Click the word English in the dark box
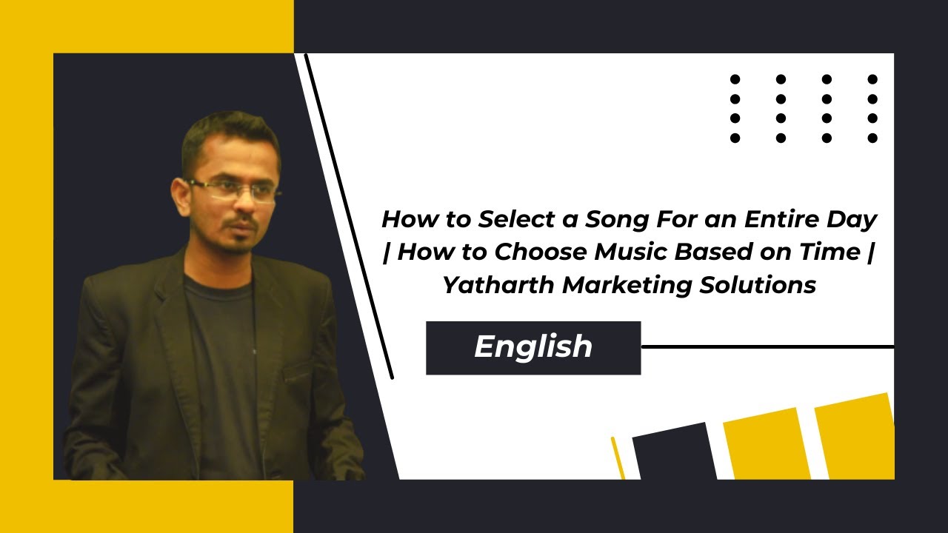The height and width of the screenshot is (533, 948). pyautogui.click(x=533, y=347)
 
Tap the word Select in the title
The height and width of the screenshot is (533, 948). pyautogui.click(x=513, y=220)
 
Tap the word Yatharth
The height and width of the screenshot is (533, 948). pyautogui.click(x=498, y=285)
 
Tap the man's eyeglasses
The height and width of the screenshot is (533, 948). pyautogui.click(x=233, y=190)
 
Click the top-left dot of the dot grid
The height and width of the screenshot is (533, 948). pyautogui.click(x=735, y=79)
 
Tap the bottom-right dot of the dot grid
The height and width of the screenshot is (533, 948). pyautogui.click(x=872, y=138)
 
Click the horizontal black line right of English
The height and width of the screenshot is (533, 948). pyautogui.click(x=767, y=346)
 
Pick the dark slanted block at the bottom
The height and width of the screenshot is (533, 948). pyautogui.click(x=674, y=452)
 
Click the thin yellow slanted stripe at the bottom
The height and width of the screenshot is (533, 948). pyautogui.click(x=618, y=457)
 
